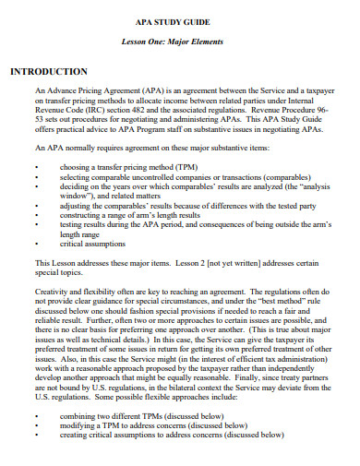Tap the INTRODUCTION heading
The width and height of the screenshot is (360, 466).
tap(48, 72)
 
